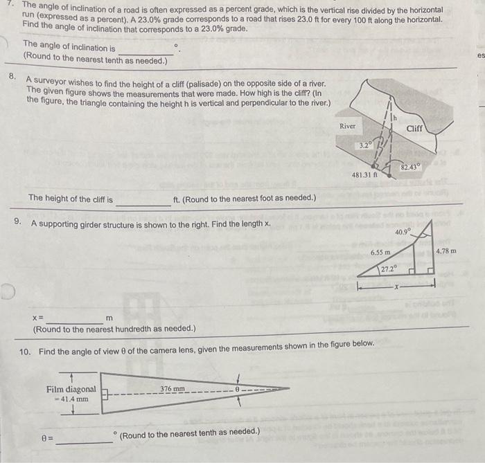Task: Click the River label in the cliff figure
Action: click(348, 126)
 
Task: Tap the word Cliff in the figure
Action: click(414, 129)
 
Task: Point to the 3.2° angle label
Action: click(365, 146)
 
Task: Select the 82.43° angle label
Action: click(410, 167)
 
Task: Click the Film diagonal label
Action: click(71, 389)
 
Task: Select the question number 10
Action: click(25, 352)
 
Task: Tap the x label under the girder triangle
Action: click(397, 284)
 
